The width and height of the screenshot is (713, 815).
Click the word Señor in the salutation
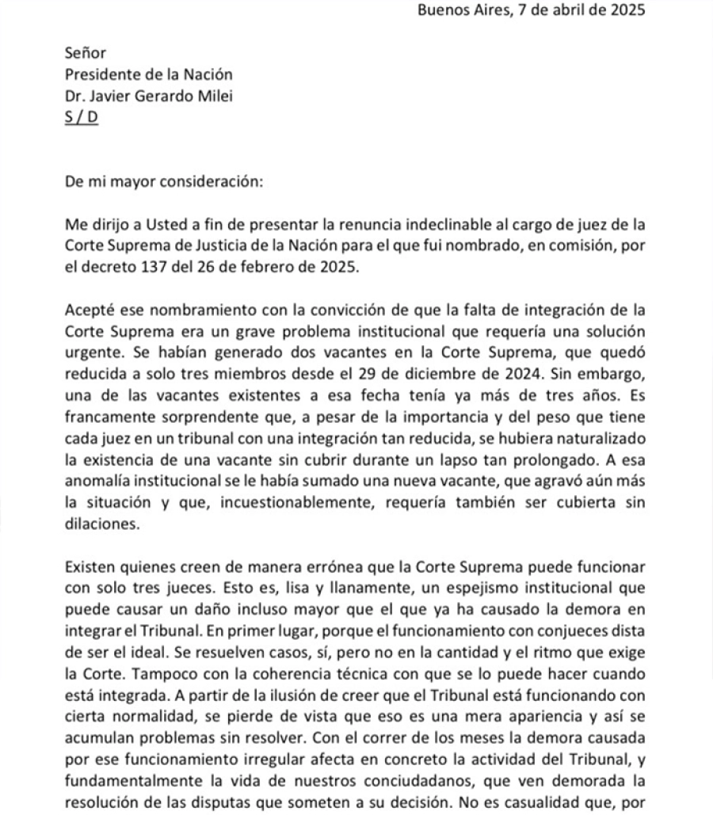click(85, 53)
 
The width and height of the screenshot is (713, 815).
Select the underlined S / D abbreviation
click(82, 119)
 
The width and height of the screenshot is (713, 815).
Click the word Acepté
click(90, 308)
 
